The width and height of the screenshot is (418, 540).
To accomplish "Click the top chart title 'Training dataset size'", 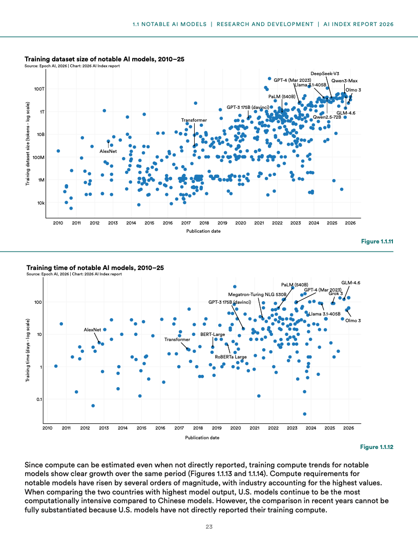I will point(104,59).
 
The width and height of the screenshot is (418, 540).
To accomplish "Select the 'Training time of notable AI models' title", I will point(95,267).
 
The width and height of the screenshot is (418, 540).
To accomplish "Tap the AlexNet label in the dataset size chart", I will point(108,151).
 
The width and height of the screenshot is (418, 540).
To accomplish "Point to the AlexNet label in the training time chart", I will point(93,330).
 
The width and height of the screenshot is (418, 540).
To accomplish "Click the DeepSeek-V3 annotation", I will point(325,74).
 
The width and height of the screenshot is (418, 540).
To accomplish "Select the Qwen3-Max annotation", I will point(344,81).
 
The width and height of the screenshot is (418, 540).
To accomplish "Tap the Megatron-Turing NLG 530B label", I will point(257,295).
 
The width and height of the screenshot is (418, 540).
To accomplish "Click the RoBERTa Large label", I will point(231,356).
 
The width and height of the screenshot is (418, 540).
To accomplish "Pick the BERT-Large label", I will point(213,334).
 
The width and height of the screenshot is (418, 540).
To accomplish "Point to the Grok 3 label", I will point(336,294).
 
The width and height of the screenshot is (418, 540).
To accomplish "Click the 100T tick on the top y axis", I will point(39,89).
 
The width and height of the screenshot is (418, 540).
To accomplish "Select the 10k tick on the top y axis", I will point(40,203).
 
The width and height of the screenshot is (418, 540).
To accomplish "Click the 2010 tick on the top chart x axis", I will point(57,223).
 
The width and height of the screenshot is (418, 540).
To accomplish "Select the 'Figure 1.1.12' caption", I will point(377,447).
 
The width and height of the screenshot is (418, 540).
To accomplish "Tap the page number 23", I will point(209,527).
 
